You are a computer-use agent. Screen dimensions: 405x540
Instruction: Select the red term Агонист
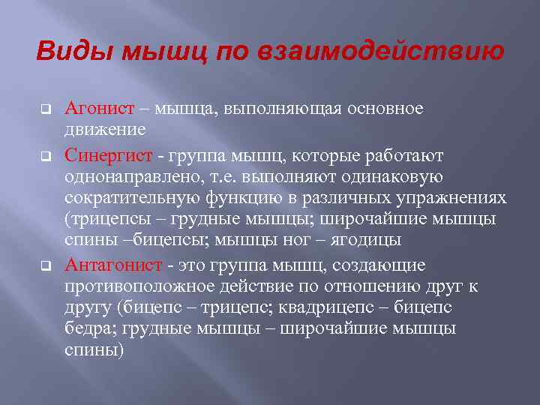100,109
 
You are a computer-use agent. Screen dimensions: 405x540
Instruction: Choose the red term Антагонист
113,265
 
